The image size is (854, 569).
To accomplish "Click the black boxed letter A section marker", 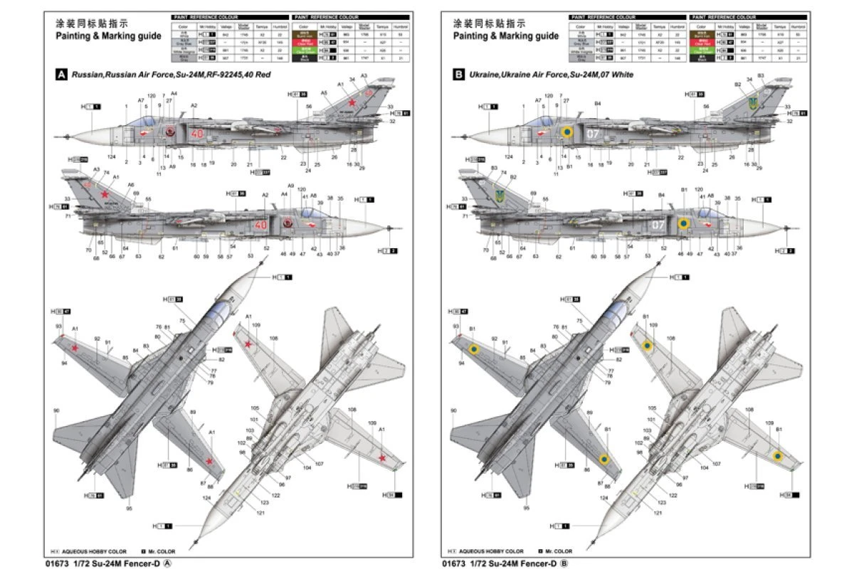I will coord(61,74).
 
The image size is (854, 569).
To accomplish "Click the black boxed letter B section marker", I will coord(458,74).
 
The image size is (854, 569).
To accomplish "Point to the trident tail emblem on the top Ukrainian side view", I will coord(752,103).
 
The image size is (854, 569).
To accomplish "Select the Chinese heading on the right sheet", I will coord(491,23).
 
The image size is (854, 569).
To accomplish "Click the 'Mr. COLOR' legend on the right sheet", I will coord(559,551).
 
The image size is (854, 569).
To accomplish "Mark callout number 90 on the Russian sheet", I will coord(56,410).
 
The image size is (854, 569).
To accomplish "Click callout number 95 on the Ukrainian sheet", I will coord(526,509).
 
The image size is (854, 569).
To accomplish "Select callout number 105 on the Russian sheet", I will coord(254,408).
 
